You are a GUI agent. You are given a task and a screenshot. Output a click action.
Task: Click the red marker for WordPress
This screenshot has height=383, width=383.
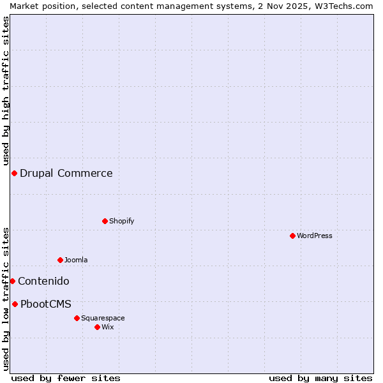pos(292,236)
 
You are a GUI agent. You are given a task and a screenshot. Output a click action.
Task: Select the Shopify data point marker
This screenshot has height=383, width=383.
pos(105,221)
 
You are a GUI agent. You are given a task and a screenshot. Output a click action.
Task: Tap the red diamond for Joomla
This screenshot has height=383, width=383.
pos(60,260)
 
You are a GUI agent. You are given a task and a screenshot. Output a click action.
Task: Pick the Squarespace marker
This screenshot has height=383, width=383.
pos(77,318)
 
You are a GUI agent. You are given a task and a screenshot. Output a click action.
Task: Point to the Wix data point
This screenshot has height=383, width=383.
pos(97,327)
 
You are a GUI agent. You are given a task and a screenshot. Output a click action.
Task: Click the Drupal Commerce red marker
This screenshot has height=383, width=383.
pos(14,173)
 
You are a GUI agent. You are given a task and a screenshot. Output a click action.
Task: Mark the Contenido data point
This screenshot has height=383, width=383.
pos(12,281)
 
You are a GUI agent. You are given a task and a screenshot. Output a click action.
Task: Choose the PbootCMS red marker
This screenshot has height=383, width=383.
pos(15,304)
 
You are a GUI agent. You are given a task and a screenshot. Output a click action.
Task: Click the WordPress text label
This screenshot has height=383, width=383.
pos(315,236)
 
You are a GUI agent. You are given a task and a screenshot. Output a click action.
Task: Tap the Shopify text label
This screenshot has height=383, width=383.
pos(122,221)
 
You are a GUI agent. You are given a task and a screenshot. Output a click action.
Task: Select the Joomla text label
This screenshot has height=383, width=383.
pos(76,260)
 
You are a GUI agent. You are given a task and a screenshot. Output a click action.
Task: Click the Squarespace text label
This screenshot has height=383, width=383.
pos(103,318)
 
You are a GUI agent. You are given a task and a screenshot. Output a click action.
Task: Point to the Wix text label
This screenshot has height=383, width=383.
pos(108,327)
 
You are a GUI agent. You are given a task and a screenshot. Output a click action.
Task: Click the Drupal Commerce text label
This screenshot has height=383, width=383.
pos(66,173)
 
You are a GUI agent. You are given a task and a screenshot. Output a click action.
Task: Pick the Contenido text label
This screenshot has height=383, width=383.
pos(43,281)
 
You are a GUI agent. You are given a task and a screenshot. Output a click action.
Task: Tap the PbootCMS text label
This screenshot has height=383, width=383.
pos(46,304)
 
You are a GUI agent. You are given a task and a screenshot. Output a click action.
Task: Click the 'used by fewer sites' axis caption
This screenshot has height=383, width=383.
pos(66,378)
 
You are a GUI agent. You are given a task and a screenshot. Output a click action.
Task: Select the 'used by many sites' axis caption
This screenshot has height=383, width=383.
pos(320,378)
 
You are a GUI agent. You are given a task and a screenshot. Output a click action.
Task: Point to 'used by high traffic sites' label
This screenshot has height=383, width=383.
pos(6,87)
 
